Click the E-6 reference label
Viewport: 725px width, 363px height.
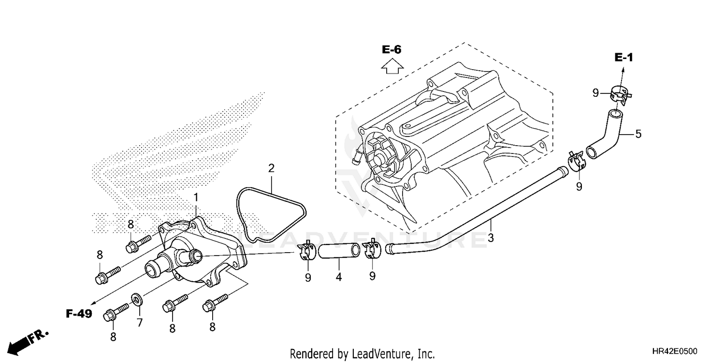point(391,49)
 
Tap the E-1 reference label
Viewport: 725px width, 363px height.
point(623,58)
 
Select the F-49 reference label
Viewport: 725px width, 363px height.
point(79,314)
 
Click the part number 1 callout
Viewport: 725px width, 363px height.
point(196,197)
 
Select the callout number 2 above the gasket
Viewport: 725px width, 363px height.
point(271,168)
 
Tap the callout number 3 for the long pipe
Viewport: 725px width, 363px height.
point(491,238)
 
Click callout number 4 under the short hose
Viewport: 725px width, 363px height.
point(339,277)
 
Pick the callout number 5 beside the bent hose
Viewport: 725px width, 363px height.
point(638,134)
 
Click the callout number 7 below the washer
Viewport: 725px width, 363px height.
point(139,322)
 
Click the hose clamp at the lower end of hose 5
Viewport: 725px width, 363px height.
point(577,161)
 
